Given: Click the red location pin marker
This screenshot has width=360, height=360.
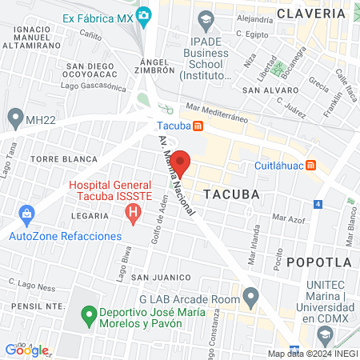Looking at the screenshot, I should click(x=180, y=162).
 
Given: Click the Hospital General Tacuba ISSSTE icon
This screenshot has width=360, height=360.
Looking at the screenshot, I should click(x=134, y=213).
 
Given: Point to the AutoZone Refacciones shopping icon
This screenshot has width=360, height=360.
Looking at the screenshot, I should click(x=26, y=214).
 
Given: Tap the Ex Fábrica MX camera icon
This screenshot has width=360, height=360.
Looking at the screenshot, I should click(x=144, y=14).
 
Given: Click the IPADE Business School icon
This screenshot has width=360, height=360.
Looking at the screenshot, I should click(x=206, y=18).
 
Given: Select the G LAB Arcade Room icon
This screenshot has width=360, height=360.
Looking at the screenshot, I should click(x=252, y=299).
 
